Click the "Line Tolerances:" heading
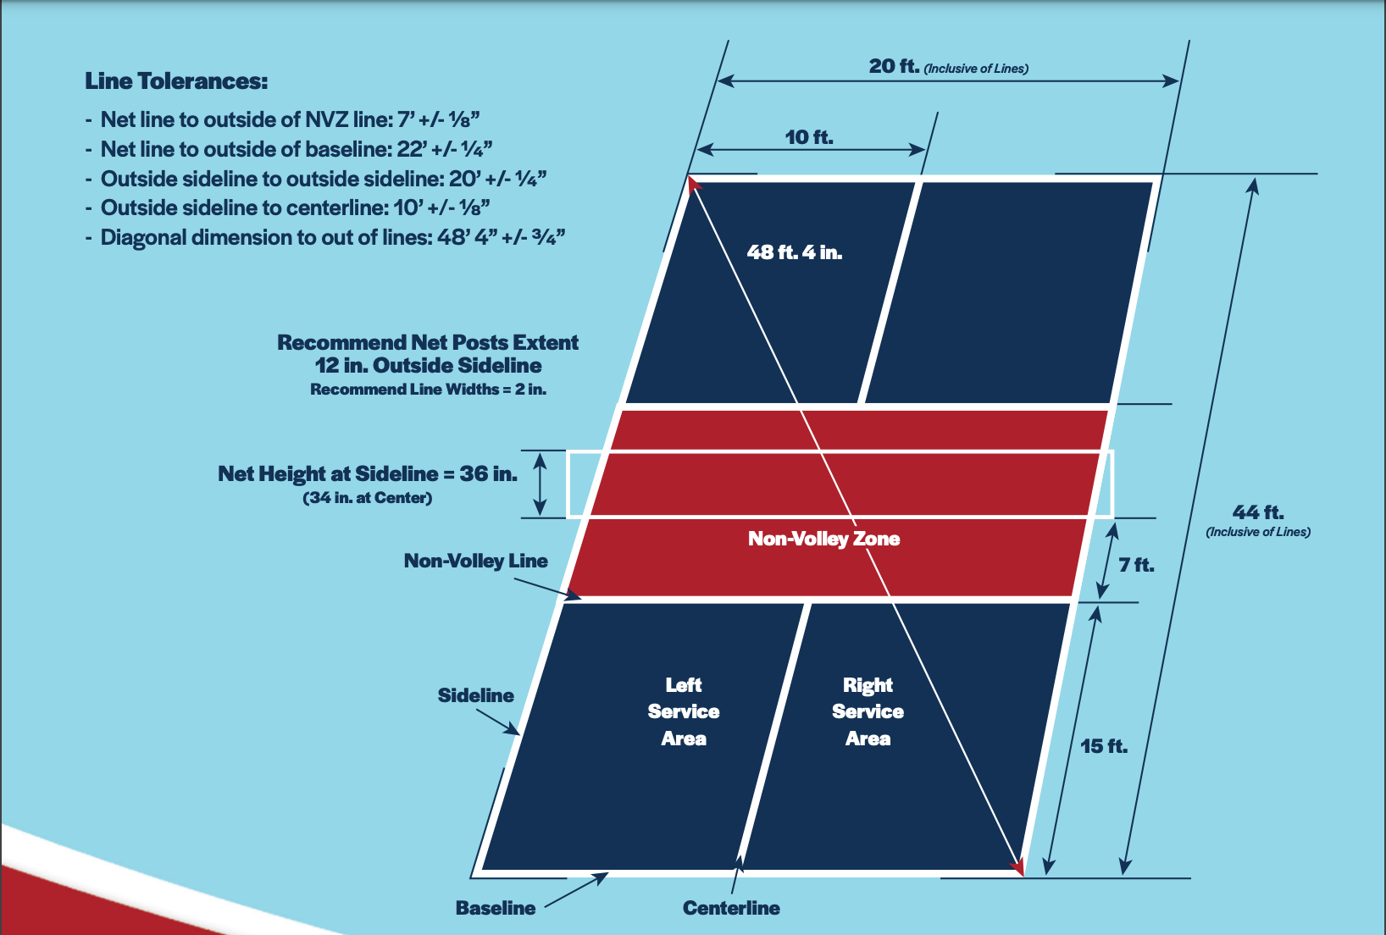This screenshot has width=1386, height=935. (176, 81)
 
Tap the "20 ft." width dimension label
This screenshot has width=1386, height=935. (894, 66)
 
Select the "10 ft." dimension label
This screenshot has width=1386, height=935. (809, 137)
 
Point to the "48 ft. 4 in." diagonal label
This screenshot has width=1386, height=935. (794, 252)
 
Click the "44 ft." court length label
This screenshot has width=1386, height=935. (1258, 512)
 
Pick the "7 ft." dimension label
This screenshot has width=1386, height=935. (1136, 565)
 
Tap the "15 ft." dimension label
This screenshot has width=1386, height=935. (1104, 746)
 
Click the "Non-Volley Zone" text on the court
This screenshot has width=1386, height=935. (823, 539)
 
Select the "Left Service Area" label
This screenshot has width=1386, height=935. (684, 711)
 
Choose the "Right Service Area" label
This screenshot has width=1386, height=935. (868, 711)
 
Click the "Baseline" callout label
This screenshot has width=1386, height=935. (496, 908)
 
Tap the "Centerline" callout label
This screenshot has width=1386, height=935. (731, 908)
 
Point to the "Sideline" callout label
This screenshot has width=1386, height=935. (475, 695)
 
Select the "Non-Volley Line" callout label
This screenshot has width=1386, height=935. (475, 561)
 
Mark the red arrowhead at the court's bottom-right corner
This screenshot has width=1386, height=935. (1017, 866)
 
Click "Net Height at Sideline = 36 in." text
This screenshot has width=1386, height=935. (368, 473)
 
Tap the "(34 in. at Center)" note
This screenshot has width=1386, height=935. (368, 498)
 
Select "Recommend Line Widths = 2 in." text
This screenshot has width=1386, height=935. (428, 390)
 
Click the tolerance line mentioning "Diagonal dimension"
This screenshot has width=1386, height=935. (332, 237)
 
